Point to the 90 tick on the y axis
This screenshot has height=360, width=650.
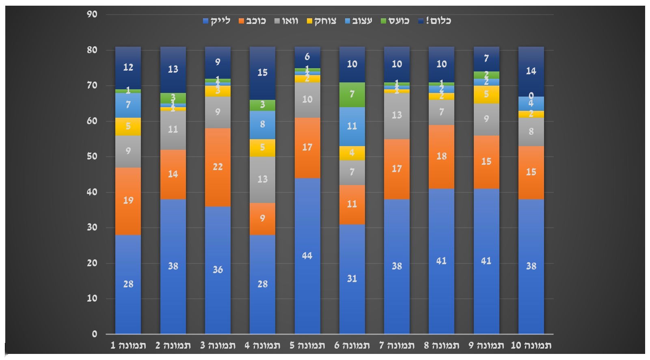coord(92,15)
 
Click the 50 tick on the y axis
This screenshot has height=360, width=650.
coord(92,157)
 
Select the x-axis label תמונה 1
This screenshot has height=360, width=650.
coord(128,346)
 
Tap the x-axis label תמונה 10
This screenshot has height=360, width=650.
coord(531,346)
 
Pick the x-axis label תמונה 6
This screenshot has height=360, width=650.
coord(352,346)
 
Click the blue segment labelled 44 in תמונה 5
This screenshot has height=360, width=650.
coord(307,256)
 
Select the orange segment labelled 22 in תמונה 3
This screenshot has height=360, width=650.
coord(218,167)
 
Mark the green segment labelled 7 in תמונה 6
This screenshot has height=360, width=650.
coord(352,95)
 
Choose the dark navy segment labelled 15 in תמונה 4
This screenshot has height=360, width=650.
coord(262,73)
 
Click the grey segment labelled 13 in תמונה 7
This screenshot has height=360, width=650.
coord(397,116)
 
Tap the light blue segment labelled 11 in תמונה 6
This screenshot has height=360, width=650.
coord(352,126)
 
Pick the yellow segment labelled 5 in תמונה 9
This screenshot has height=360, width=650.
coord(486,95)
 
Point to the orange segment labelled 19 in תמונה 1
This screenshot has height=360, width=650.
coord(128,201)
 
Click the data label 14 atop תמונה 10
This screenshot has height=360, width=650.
coord(531,71)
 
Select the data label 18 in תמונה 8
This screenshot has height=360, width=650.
coord(441,157)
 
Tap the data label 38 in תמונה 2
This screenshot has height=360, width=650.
coord(173,266)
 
